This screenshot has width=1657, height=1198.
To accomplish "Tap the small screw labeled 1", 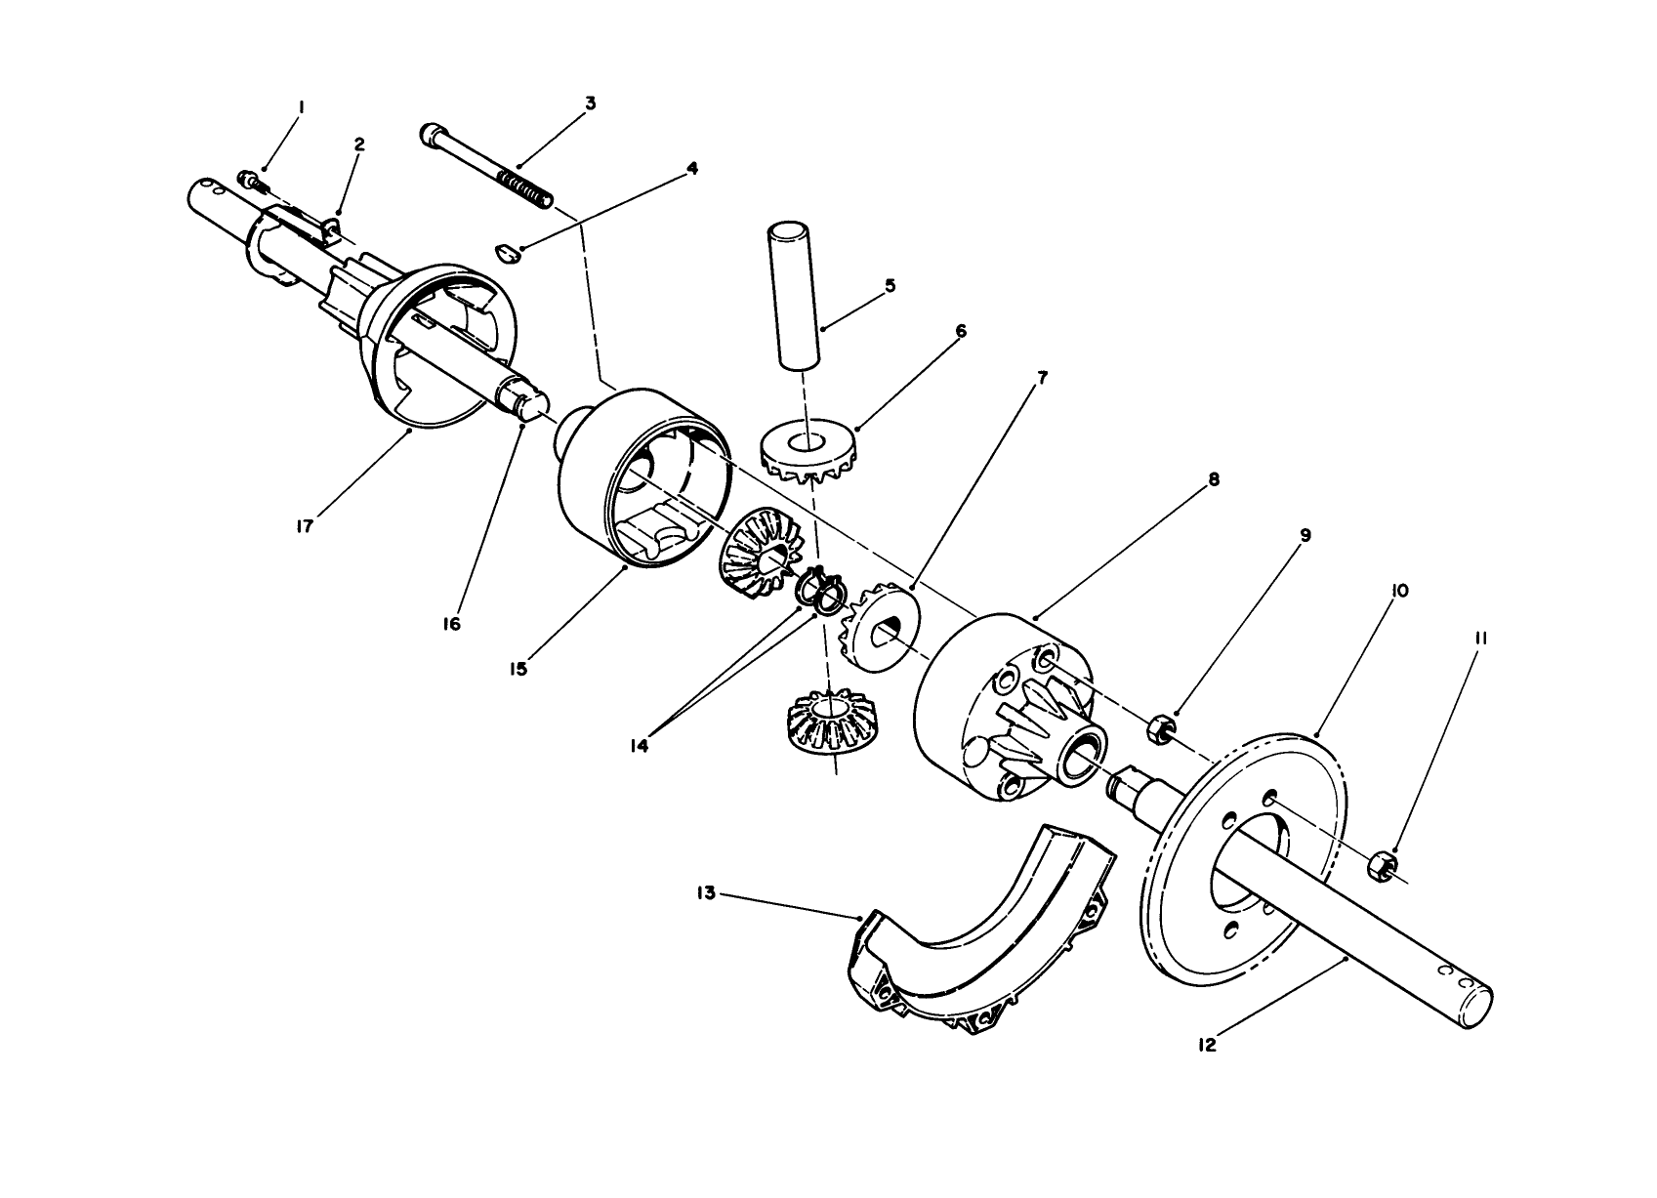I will click(249, 180).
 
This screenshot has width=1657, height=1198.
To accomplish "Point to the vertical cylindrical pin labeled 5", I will click(792, 296).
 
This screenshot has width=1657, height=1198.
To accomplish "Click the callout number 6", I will click(961, 332).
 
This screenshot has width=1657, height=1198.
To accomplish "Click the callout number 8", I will click(1213, 479).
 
